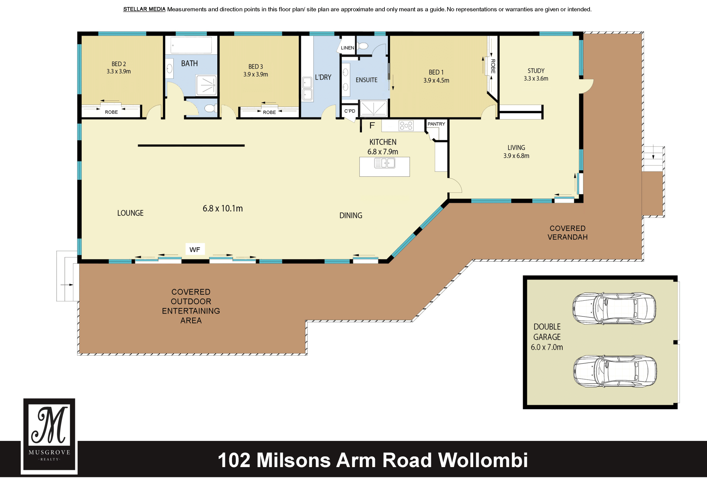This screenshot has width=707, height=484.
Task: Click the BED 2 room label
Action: point(119,68)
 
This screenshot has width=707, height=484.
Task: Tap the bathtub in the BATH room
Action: point(191,45)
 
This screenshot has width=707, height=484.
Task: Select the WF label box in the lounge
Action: point(195,250)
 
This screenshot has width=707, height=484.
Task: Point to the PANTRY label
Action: point(436,124)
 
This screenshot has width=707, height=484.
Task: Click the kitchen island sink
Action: point(384,163)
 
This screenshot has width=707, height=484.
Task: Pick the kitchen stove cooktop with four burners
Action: point(406,126)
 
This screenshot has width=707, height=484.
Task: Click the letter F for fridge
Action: point(372,126)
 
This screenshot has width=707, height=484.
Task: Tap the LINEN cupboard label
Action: point(347,48)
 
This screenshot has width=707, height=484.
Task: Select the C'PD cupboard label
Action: point(350,111)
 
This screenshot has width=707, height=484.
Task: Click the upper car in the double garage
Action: point(614,308)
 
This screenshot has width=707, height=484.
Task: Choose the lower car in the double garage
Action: point(615,371)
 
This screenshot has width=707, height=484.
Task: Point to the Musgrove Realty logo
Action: point(49,435)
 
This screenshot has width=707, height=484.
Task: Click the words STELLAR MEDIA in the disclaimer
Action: point(144,9)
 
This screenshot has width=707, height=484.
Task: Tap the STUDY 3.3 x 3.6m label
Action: point(536,75)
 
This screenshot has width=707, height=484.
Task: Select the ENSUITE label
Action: point(366,80)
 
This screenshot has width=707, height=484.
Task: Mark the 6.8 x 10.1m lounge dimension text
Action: point(222,208)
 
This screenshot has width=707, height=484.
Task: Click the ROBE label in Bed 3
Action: point(269,112)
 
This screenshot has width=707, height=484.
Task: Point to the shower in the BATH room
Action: point(206,85)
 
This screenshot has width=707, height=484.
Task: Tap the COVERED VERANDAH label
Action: point(567,233)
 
